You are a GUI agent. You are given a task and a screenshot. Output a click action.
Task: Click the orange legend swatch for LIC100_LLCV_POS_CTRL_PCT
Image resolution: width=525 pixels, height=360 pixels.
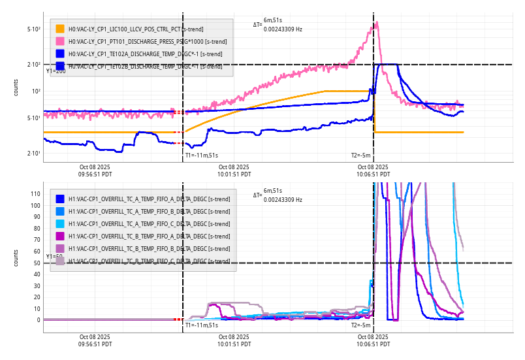[x=60, y=29]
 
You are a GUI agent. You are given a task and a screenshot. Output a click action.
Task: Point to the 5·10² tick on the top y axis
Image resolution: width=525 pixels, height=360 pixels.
[x=35, y=29]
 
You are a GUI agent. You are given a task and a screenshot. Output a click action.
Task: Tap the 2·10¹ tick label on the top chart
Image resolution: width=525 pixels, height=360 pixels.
[x=35, y=153]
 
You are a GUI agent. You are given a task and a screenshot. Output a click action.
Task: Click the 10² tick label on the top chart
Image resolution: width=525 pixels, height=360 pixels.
[x=37, y=91]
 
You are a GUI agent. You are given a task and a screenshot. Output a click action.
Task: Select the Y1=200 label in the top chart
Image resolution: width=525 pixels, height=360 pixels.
[x=56, y=71]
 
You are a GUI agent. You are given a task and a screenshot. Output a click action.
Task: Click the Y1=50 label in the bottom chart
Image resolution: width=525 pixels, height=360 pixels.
[x=54, y=257]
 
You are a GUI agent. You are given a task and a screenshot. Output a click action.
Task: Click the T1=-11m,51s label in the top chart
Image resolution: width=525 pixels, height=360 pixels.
[x=201, y=155]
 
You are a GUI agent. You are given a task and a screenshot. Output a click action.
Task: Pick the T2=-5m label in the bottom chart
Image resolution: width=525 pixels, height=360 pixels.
[x=361, y=325]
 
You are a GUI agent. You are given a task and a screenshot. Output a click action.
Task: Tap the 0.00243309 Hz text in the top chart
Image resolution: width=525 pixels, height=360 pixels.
[x=283, y=29]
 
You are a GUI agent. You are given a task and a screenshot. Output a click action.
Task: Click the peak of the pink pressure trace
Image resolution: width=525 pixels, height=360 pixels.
[x=377, y=23]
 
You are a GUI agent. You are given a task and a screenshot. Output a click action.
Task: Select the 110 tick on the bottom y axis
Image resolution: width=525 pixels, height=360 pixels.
[x=36, y=194]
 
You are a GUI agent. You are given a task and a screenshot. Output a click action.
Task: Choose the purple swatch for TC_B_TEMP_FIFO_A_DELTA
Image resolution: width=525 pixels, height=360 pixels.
[x=60, y=236]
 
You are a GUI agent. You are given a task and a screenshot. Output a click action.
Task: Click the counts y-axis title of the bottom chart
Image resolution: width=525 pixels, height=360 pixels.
[x=16, y=257]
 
